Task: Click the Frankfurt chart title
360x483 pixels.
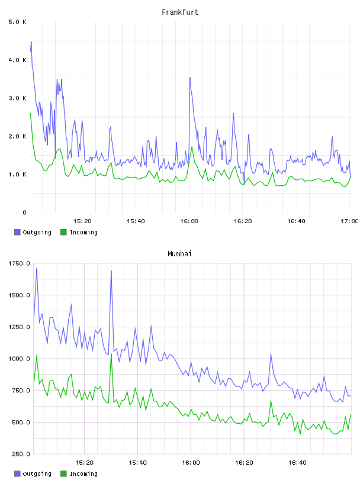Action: (180, 12)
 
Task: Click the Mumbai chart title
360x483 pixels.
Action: (179, 254)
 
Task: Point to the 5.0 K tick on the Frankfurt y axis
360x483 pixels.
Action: (17, 22)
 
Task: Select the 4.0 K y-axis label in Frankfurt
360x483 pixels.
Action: (17, 60)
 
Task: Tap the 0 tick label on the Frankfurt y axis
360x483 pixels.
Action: (24, 212)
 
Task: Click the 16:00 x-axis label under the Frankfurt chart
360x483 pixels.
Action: (189, 221)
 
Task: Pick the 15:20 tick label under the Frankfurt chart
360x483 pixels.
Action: (82, 221)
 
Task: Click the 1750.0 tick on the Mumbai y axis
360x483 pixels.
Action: (19, 263)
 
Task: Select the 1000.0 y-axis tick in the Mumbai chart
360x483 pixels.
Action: (19, 359)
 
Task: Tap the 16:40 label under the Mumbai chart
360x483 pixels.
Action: (297, 463)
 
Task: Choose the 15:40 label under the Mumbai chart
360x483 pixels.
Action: (137, 463)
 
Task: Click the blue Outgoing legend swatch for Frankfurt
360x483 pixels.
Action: (17, 232)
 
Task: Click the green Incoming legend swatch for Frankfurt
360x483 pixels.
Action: (63, 232)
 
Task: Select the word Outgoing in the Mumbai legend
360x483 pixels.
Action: (37, 474)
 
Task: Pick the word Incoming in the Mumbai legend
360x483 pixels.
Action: (83, 474)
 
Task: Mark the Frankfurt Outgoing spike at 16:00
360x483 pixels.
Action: (190, 78)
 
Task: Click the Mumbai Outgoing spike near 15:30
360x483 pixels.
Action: (111, 271)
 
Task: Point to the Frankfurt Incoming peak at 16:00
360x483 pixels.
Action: (192, 147)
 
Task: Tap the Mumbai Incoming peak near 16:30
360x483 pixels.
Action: (271, 401)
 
